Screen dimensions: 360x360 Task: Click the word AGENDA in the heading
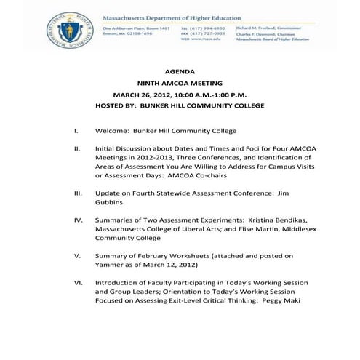(180, 73)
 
